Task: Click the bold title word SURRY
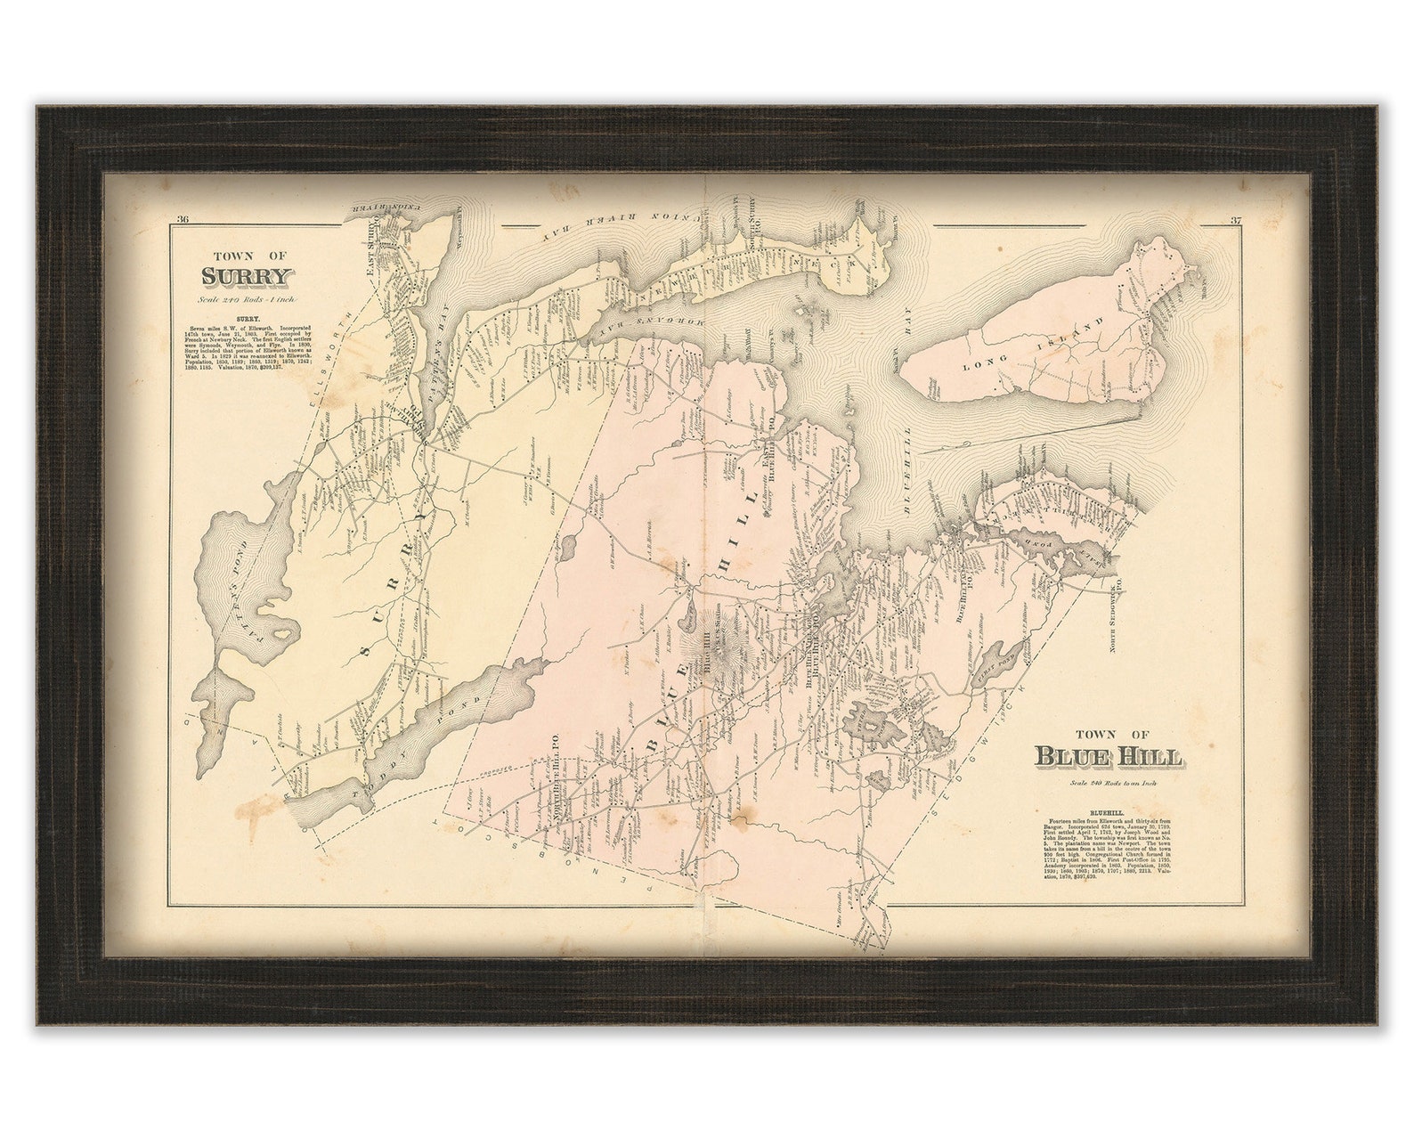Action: [x=247, y=276]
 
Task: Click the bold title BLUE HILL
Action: [x=1108, y=757]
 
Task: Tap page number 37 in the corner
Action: [x=1235, y=221]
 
